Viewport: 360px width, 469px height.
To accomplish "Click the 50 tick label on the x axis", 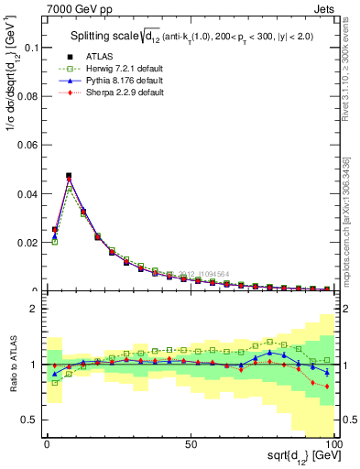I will point(191,443).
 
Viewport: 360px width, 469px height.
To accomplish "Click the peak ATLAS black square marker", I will point(69,175).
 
